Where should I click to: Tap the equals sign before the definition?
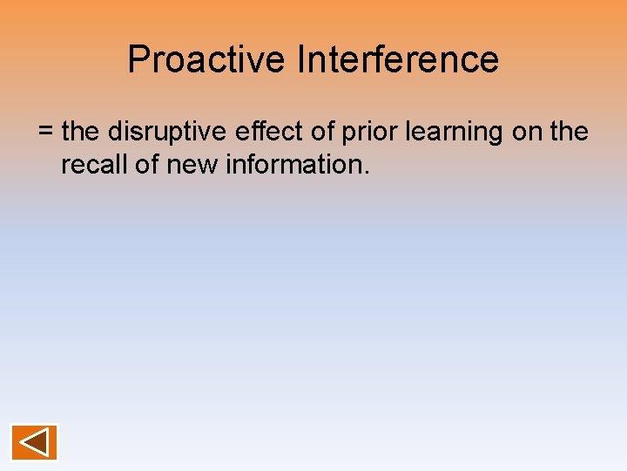pyautogui.click(x=46, y=133)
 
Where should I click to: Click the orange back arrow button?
pyautogui.click(x=34, y=441)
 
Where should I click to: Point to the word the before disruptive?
pyautogui.click(x=82, y=133)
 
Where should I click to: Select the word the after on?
pyautogui.click(x=570, y=133)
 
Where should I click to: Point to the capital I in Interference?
pyautogui.click(x=300, y=60)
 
